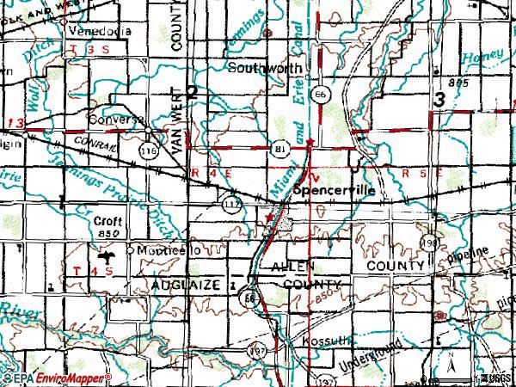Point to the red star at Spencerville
[268, 219]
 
